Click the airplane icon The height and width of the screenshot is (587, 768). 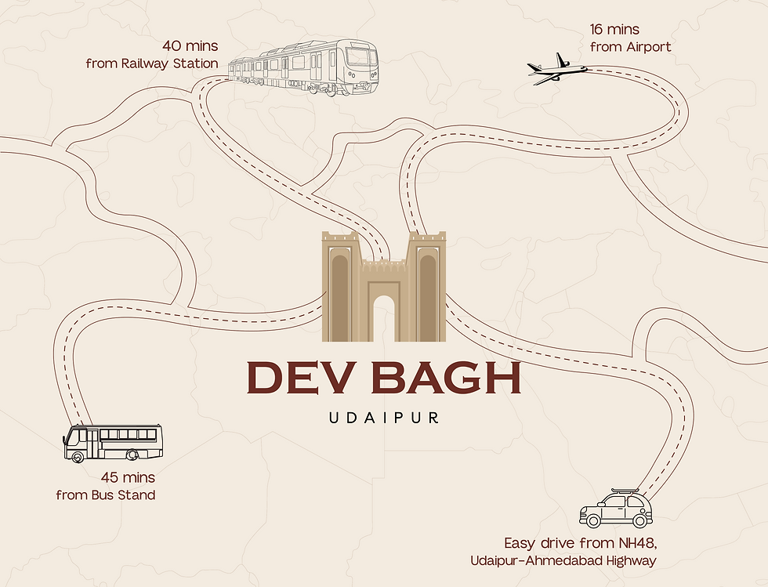pyautogui.click(x=557, y=69)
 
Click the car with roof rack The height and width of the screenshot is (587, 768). pyautogui.click(x=615, y=509)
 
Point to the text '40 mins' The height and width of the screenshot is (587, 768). pyautogui.click(x=190, y=45)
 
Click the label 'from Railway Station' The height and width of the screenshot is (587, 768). pyautogui.click(x=152, y=63)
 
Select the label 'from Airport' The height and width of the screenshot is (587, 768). pyautogui.click(x=630, y=47)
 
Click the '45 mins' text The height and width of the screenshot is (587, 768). pyautogui.click(x=128, y=477)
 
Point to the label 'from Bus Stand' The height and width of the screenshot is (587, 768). pyautogui.click(x=106, y=495)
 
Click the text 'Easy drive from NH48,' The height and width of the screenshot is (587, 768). pyautogui.click(x=580, y=542)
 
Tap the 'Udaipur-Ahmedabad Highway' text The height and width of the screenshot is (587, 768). pyautogui.click(x=563, y=560)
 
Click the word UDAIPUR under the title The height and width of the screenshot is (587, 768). pyautogui.click(x=384, y=417)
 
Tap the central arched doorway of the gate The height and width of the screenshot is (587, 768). pyautogui.click(x=384, y=319)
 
